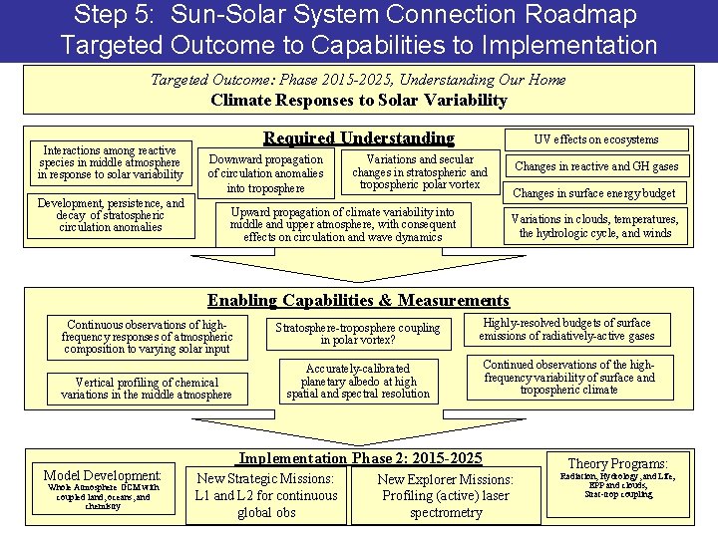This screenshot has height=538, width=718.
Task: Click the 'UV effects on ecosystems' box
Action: [596, 140]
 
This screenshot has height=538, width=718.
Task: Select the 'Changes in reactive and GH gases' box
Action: [596, 166]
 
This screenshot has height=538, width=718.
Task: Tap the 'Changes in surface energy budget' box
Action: [594, 193]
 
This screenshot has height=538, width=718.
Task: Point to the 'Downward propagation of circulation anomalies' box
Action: [265, 173]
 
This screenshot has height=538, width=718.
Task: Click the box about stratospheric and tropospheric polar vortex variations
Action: [420, 172]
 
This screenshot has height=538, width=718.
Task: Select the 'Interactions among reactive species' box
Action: [110, 161]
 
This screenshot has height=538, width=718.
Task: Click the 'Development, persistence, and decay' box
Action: [110, 215]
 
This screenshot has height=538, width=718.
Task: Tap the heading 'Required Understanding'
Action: [358, 138]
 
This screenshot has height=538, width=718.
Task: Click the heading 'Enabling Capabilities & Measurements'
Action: [358, 300]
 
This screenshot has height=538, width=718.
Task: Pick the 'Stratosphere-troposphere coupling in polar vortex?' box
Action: [358, 334]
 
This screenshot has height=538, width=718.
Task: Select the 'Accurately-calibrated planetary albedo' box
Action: [358, 381]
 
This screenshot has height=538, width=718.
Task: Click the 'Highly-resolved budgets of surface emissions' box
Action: [566, 330]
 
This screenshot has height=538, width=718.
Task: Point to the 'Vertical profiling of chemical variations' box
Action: [147, 388]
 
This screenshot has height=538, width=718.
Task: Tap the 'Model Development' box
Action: [104, 489]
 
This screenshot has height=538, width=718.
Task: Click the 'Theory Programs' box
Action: [617, 484]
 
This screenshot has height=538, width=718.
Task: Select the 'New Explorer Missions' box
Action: [446, 495]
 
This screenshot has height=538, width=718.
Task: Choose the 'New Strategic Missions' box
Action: [265, 495]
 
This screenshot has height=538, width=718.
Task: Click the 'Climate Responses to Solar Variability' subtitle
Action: [358, 100]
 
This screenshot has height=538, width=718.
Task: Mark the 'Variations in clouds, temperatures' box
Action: [594, 226]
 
